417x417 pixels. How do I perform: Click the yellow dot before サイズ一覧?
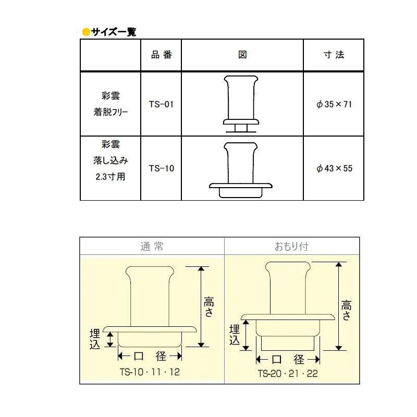[x=86, y=32]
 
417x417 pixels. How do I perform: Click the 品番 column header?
[x=162, y=55]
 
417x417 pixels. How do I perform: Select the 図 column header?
[x=242, y=55]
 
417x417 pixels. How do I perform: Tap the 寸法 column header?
[x=334, y=55]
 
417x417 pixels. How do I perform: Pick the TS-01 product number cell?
[x=161, y=104]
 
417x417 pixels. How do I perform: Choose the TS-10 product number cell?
[x=162, y=168]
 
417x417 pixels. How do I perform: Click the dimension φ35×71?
[x=334, y=104]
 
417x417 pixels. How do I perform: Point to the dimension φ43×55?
[x=334, y=168]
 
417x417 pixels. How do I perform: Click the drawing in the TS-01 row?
[x=241, y=104]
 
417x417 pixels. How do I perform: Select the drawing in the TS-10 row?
[x=241, y=170]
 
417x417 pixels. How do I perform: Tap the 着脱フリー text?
[x=111, y=112]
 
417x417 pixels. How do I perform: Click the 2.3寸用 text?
[x=111, y=177]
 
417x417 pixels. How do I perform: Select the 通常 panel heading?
[x=152, y=247]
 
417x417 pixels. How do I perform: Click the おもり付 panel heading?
[x=291, y=247]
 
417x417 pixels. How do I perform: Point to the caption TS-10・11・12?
[x=150, y=372]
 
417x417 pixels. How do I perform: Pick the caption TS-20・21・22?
[x=288, y=373]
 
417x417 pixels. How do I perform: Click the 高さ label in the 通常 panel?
[x=208, y=306]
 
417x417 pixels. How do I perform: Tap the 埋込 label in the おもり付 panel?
[x=234, y=335]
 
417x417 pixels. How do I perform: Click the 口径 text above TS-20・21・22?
[x=288, y=360]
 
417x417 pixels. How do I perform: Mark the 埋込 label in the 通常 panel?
[x=95, y=339]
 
